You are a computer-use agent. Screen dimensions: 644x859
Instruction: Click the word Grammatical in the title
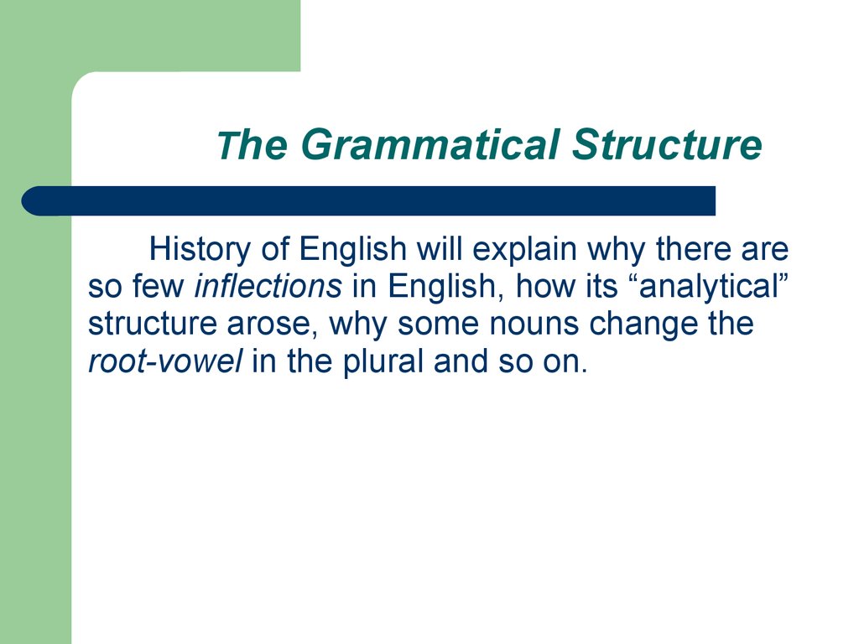tap(429, 144)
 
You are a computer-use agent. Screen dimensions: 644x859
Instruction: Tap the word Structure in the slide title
tap(667, 144)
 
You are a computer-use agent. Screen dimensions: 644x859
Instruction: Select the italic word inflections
tap(268, 287)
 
